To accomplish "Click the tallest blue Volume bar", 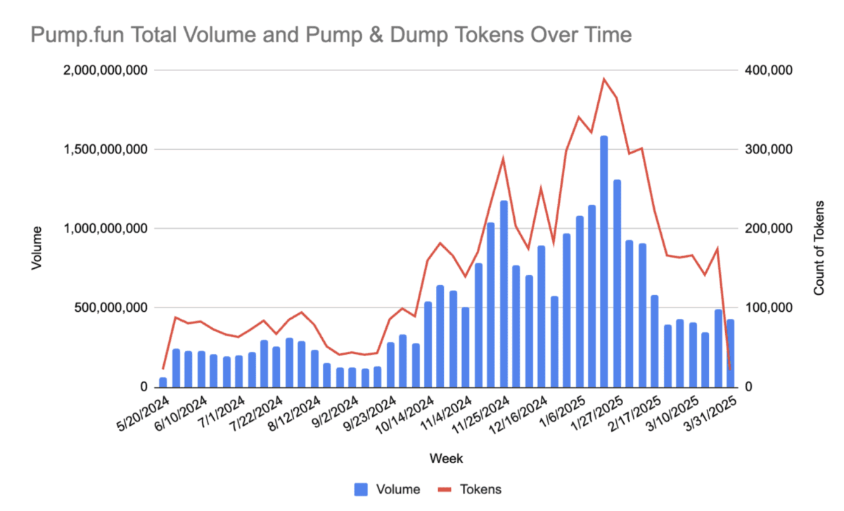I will [x=604, y=260].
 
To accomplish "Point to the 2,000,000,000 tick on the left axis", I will [x=108, y=70].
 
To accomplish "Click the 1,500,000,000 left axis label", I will [x=108, y=150].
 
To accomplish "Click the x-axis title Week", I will [x=446, y=459].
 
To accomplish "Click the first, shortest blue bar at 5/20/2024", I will [x=164, y=382].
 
